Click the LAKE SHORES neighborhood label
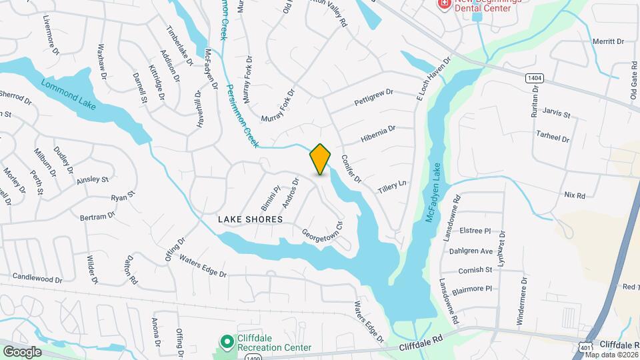point(250,219)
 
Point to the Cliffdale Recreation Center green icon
point(227,340)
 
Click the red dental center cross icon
point(443,4)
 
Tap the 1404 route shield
point(534,78)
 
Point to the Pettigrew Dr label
point(375,97)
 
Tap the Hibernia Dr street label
point(378,133)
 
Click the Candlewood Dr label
point(37,275)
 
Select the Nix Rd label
point(574,195)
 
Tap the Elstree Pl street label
point(475,231)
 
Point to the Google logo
point(22,351)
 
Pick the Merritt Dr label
point(608,41)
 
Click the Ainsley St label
point(92,180)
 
